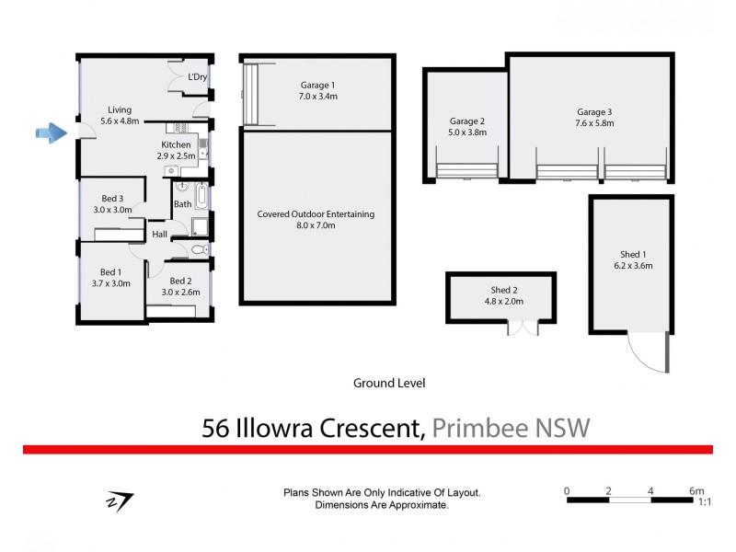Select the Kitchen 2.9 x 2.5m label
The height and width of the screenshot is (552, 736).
[176, 151]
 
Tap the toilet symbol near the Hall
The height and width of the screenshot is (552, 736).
[200, 249]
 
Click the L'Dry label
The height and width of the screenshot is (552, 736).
[197, 77]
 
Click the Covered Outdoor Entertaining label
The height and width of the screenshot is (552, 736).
[316, 214]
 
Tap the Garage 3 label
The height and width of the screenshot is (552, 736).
[594, 112]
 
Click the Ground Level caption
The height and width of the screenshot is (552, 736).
[389, 383]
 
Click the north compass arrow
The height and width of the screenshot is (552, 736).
[121, 501]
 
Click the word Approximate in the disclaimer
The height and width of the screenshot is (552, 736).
[416, 506]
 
